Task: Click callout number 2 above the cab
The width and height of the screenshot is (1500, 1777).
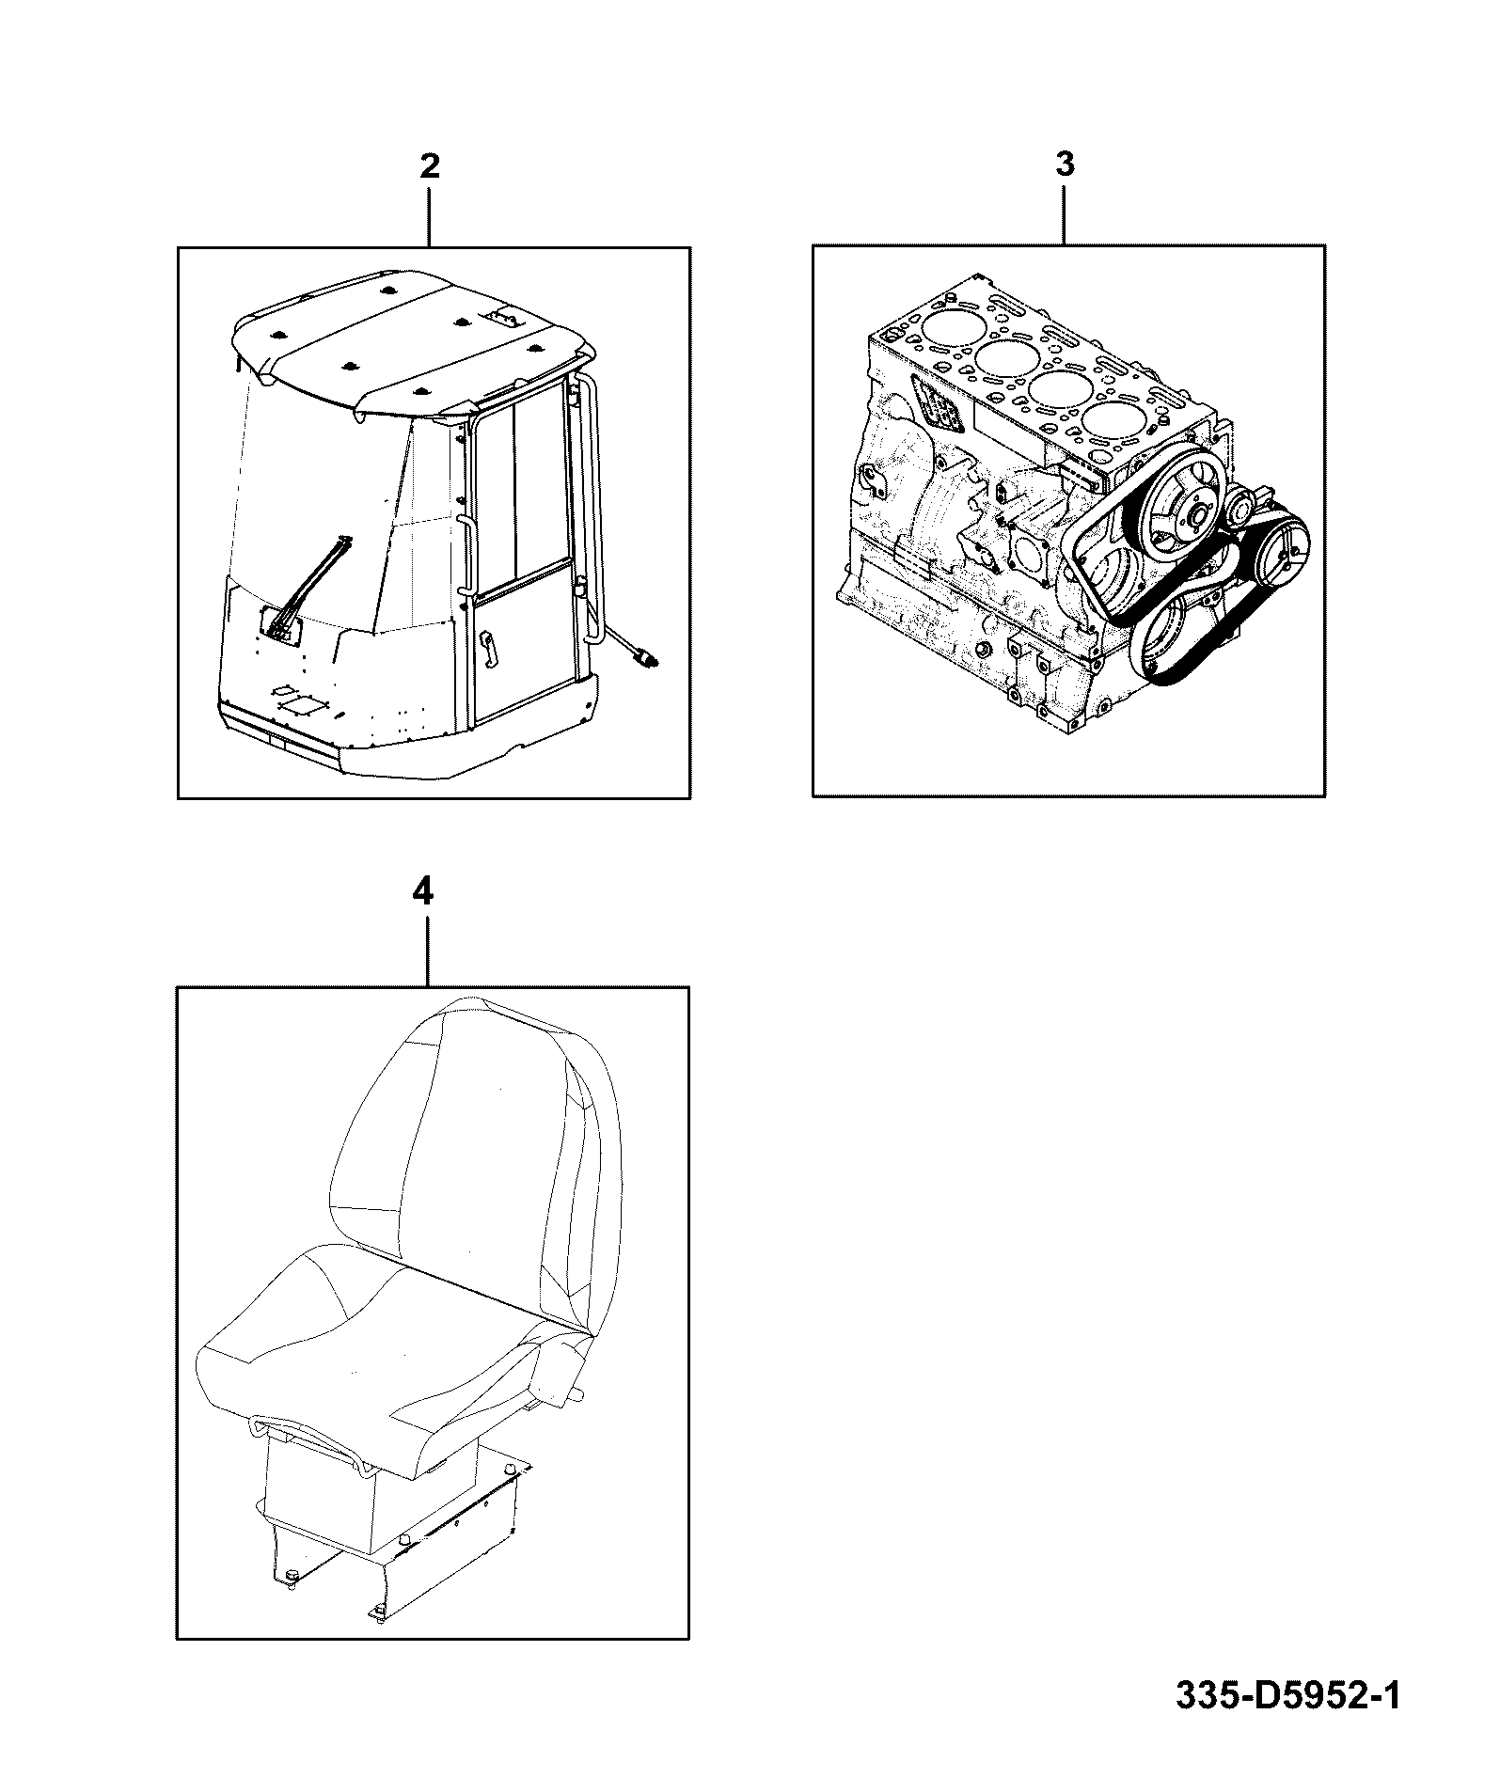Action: (x=429, y=166)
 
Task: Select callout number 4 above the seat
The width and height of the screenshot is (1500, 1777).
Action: (x=424, y=890)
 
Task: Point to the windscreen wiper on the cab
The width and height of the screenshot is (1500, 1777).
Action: (x=306, y=588)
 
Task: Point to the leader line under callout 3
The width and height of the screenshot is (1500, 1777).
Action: (x=1065, y=215)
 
